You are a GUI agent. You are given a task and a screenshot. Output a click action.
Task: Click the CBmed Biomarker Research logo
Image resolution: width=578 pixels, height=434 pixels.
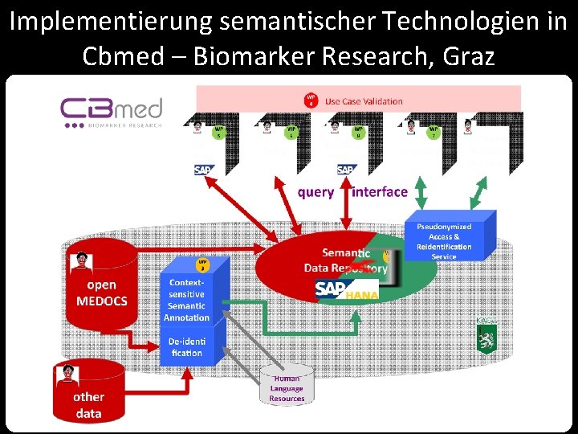point(112,113)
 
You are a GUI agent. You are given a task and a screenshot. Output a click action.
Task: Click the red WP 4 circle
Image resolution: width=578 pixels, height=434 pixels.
point(311,100)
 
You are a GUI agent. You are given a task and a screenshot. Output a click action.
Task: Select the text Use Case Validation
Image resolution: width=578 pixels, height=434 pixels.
point(364,101)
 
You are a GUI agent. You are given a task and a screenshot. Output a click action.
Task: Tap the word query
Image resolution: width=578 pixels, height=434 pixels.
point(315,192)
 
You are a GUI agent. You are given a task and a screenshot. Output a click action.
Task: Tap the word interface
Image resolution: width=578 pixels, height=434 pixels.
point(380,192)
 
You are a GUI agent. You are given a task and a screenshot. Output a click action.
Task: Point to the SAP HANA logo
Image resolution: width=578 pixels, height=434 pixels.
point(346,290)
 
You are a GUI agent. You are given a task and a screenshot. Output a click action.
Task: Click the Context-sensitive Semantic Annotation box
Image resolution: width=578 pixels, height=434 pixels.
point(186,300)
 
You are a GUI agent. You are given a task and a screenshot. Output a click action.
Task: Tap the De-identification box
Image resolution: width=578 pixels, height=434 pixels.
point(186,347)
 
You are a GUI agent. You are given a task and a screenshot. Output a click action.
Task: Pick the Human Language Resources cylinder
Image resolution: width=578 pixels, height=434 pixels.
point(287,387)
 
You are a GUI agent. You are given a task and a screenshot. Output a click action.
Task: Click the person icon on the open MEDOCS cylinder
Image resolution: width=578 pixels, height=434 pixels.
point(82,262)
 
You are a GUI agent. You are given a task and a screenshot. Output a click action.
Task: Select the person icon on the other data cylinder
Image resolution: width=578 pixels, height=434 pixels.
point(66,372)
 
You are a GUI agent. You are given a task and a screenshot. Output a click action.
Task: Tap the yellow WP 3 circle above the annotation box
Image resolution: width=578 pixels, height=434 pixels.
point(203,265)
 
